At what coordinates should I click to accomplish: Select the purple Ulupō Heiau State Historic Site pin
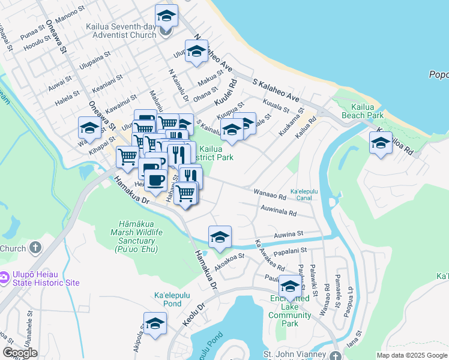coord(5,277)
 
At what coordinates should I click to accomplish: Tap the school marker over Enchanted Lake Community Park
coord(290,287)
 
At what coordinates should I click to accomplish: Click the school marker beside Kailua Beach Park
coord(381,143)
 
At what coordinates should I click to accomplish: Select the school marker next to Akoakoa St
coord(220,236)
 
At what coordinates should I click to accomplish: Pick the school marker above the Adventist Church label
coord(166,15)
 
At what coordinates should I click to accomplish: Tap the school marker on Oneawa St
coord(89,128)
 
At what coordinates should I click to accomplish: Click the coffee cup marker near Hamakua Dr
coord(155,179)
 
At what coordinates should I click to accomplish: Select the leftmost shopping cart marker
coord(127,157)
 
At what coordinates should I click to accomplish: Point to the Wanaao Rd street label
coord(270,195)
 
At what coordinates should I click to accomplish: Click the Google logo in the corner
coord(20,353)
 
